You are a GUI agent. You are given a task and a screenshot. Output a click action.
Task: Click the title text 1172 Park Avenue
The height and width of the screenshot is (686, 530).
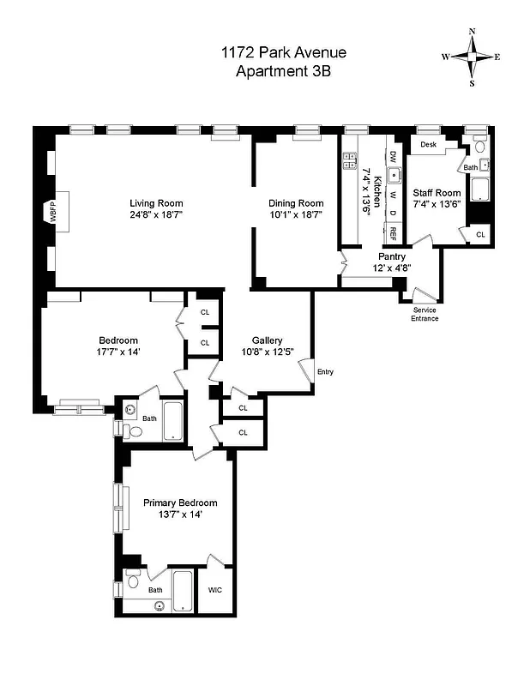coord(283,54)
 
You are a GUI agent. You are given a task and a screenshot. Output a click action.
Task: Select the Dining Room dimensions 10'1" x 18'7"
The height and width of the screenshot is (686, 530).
coord(297,215)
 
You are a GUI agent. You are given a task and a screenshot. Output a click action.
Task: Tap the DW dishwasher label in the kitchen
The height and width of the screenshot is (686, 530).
coord(393,157)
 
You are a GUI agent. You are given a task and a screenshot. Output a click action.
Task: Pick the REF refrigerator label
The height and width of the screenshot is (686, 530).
coord(393,232)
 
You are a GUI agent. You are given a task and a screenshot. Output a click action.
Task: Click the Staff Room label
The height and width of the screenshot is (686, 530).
coord(437,193)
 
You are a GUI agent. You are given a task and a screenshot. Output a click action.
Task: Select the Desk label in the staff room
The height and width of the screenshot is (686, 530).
coord(428,145)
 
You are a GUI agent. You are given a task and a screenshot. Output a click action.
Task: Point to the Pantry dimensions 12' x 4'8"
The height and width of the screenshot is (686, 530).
coord(391,268)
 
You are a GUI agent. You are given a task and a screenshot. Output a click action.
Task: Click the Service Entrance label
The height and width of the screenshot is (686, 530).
coord(425,314)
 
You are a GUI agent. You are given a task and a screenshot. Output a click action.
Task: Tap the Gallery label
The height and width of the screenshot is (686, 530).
coord(267,340)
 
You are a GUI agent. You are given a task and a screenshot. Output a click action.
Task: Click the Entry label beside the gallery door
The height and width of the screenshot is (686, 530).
coord(325,371)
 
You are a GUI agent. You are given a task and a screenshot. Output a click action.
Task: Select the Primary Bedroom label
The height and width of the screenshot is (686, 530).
coord(180,502)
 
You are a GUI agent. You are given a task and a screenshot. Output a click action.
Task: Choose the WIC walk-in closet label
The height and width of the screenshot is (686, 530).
coord(215,590)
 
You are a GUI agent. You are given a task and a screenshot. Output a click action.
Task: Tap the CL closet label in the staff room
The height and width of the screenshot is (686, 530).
coord(479,234)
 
